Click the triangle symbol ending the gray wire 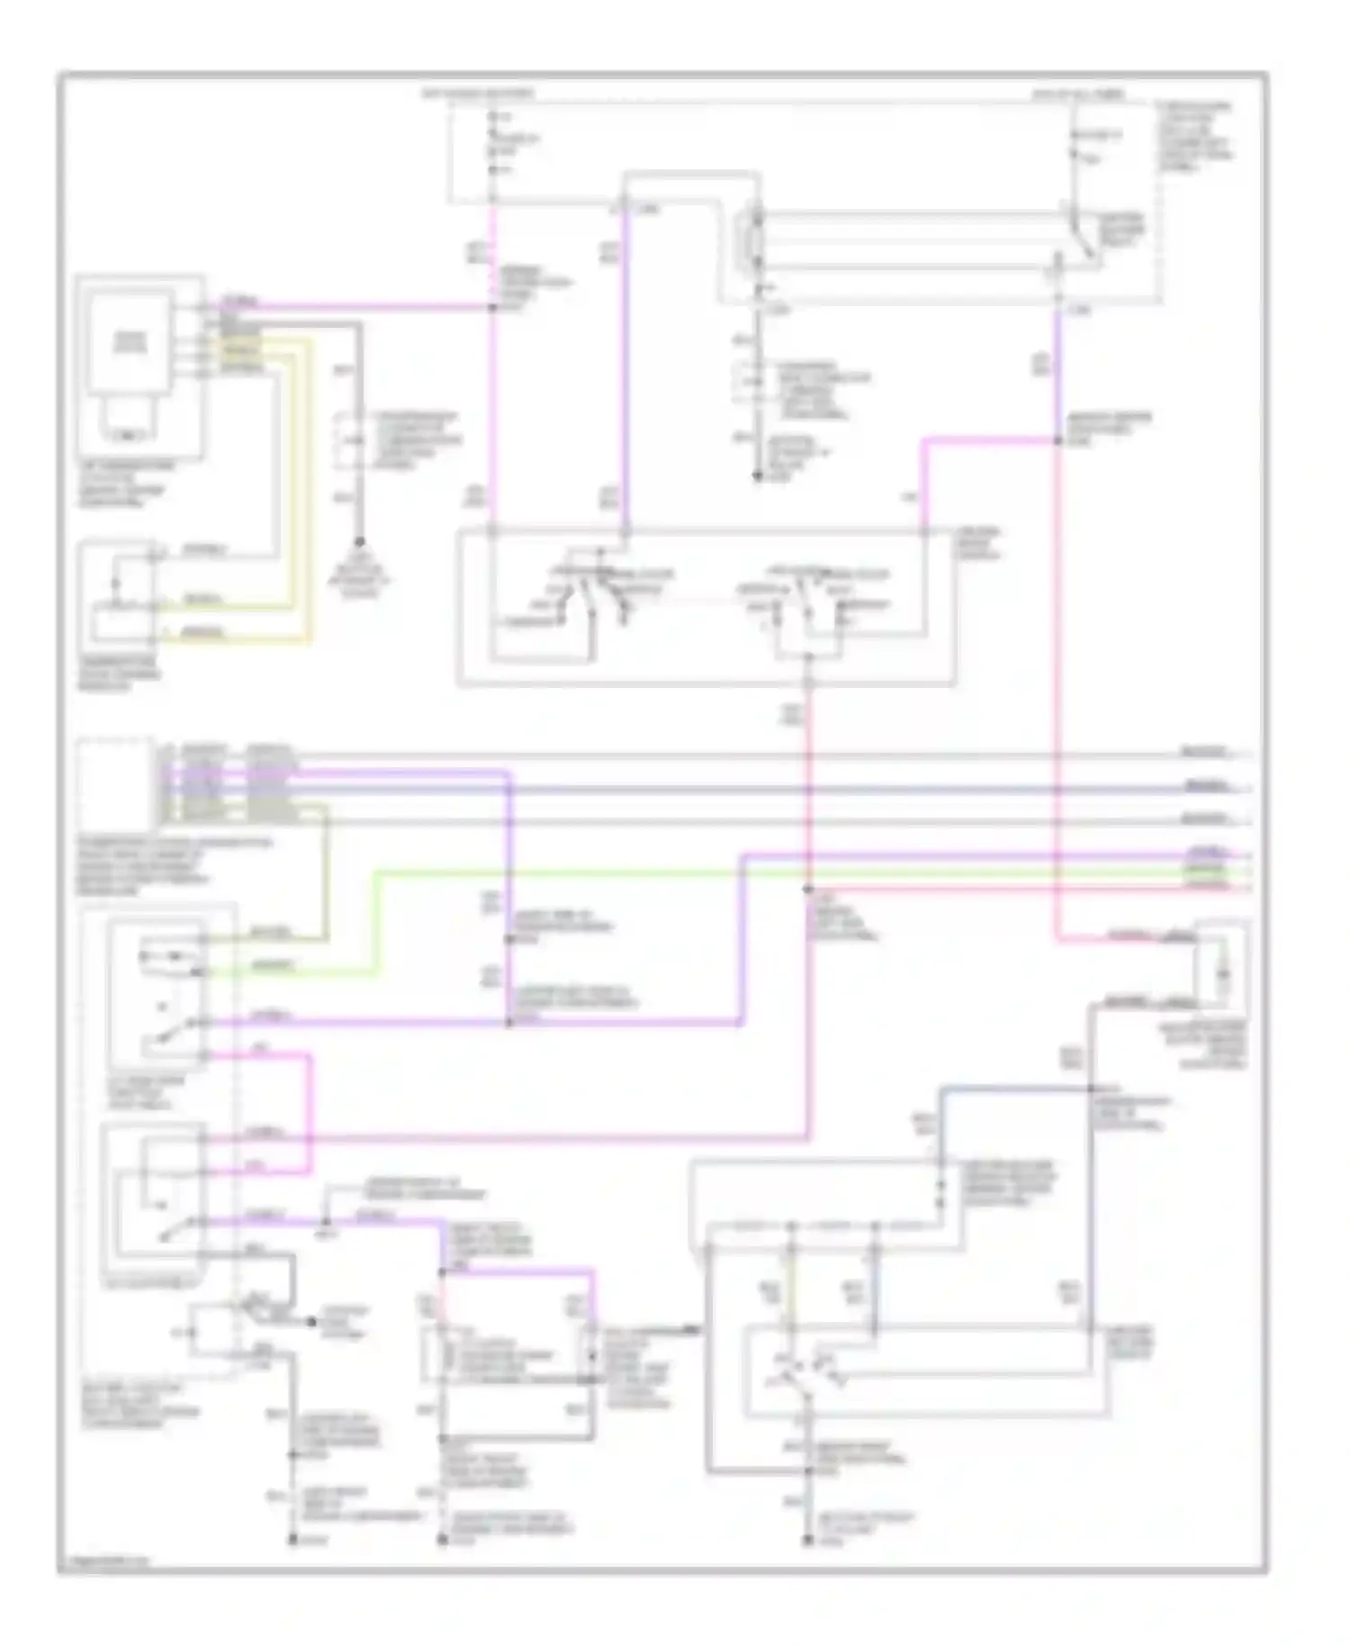click(x=358, y=544)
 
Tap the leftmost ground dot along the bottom click(x=292, y=1541)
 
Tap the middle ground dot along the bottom click(x=442, y=1541)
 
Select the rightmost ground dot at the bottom click(x=808, y=1541)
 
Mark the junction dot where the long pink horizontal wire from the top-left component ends click(x=492, y=308)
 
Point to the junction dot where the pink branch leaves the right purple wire click(x=1057, y=440)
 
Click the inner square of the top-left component click(x=130, y=342)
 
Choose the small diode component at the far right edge click(x=1222, y=972)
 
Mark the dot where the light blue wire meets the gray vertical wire click(x=1089, y=1090)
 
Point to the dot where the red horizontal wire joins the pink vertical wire click(x=807, y=890)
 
